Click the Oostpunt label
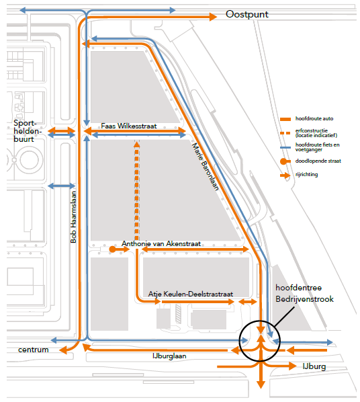[x=246, y=14]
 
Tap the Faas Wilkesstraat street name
[x=129, y=126]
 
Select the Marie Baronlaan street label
[x=206, y=167]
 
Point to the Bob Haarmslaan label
[x=73, y=217]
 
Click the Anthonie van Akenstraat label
[x=161, y=243]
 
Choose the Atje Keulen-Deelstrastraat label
[x=191, y=294]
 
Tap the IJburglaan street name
[x=169, y=356]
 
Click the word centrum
[x=34, y=350]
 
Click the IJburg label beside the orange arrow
[x=314, y=366]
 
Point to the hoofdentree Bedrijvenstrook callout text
[x=304, y=293]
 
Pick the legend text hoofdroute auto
[x=314, y=118]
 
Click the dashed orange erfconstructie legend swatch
[x=285, y=133]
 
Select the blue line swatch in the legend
[x=285, y=147]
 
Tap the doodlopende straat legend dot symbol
[x=283, y=161]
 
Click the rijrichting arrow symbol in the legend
[x=285, y=175]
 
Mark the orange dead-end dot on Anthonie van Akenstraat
[x=112, y=249]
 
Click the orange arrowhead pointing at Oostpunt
[x=213, y=17]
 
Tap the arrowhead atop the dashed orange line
[x=137, y=144]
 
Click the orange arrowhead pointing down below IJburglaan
[x=261, y=385]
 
